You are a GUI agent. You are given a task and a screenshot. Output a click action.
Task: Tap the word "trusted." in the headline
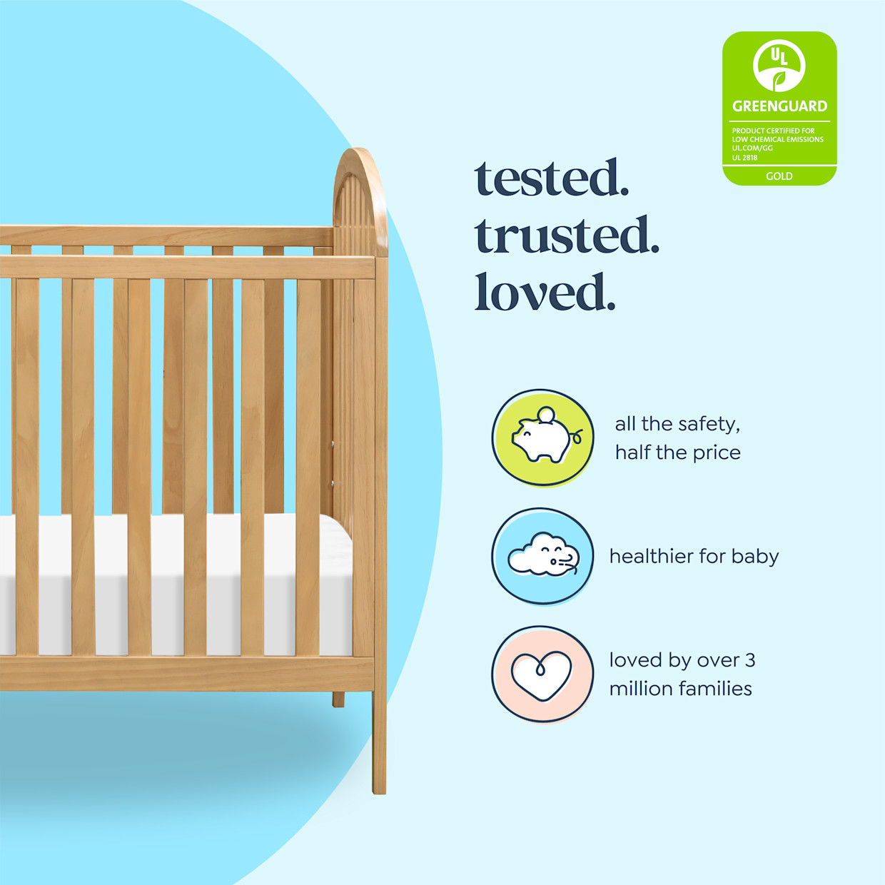567,236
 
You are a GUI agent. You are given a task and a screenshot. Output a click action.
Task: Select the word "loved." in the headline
545,293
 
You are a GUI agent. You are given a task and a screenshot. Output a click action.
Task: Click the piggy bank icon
543,440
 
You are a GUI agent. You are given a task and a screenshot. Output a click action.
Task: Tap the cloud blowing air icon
543,556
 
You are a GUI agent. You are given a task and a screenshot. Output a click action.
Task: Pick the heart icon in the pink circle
542,675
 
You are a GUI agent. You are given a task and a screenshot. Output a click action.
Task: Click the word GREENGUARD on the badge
779,106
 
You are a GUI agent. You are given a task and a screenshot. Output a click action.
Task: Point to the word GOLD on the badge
779,176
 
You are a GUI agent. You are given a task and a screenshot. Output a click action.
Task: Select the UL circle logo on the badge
779,65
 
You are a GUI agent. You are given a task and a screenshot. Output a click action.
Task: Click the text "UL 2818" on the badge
744,158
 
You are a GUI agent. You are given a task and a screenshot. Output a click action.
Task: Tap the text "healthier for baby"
694,556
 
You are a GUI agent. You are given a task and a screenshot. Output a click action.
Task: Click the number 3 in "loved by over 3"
750,660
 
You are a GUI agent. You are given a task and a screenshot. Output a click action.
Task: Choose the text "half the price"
677,452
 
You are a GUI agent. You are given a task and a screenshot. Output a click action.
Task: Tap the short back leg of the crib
338,699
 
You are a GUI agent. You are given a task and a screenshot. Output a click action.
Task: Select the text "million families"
680,689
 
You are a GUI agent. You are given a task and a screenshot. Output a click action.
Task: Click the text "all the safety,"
677,424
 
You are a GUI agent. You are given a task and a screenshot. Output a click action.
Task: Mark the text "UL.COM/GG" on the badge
752,148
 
